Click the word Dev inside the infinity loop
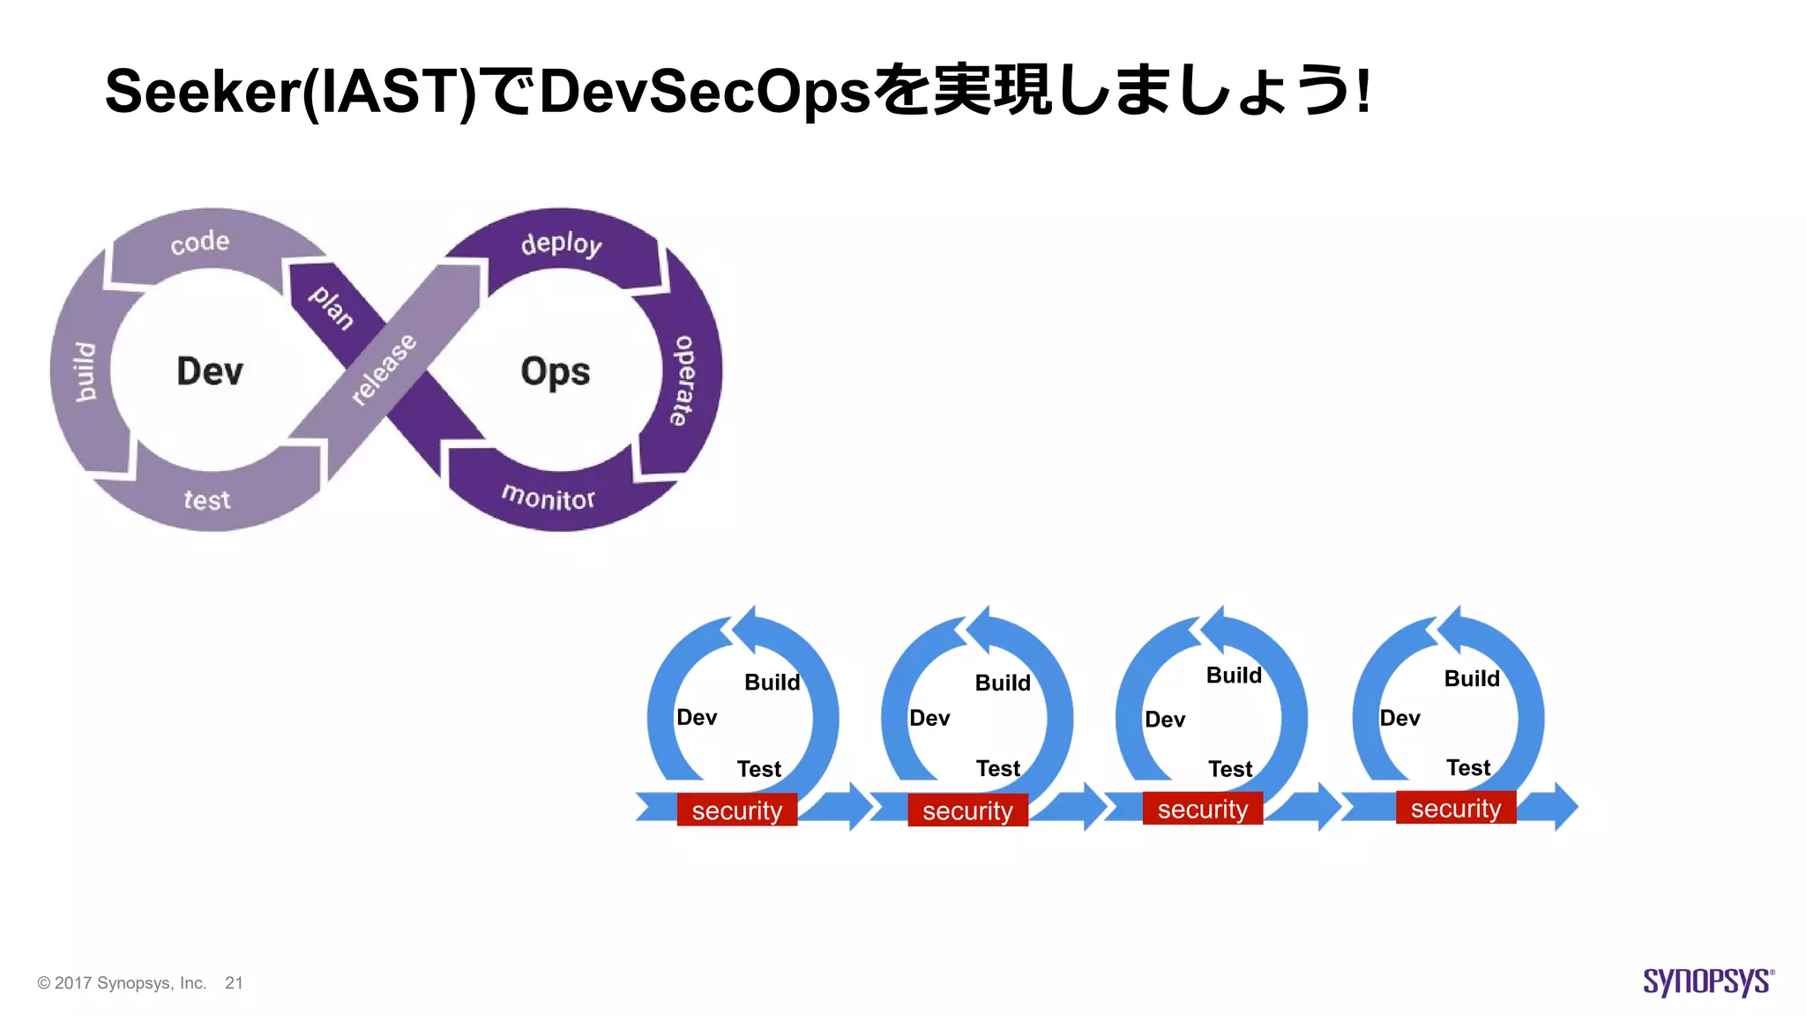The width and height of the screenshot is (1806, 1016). [210, 370]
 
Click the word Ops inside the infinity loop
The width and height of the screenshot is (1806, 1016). [555, 371]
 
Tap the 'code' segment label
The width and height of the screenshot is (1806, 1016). [200, 242]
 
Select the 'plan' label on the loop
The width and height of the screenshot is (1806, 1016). [332, 306]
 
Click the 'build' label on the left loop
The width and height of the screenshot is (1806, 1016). [85, 372]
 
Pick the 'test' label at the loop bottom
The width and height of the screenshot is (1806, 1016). [207, 500]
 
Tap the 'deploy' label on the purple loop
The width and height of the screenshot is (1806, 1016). [561, 243]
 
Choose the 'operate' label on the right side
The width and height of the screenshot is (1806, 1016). [683, 380]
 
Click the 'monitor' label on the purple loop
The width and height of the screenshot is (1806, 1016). [549, 497]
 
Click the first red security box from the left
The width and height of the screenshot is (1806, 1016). [736, 810]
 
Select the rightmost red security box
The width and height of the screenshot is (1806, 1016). [1455, 808]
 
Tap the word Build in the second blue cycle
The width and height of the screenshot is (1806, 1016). [1003, 683]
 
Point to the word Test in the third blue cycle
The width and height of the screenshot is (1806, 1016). [1230, 769]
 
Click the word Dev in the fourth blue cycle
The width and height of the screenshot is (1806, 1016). [1399, 718]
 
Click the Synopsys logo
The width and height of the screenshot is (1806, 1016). [1707, 981]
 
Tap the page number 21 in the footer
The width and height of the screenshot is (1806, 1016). [234, 982]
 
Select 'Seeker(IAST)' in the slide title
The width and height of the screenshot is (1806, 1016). [291, 91]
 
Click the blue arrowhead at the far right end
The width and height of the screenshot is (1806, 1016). [1563, 806]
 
